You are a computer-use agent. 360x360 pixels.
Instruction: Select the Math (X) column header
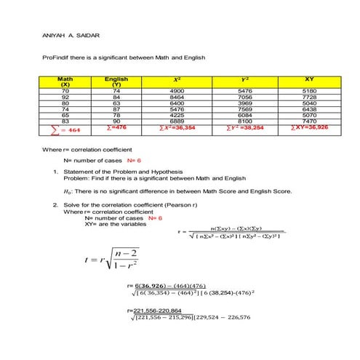point(65,81)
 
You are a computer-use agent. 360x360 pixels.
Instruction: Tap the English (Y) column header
point(116,81)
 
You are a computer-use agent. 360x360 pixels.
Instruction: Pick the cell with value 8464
point(177,96)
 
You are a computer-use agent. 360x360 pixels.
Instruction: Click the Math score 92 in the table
point(65,96)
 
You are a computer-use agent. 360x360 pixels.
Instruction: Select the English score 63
point(116,103)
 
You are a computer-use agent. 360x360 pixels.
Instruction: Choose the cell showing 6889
point(177,121)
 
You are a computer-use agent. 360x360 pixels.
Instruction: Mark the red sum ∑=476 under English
point(116,127)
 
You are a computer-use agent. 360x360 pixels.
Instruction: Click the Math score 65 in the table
point(65,114)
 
